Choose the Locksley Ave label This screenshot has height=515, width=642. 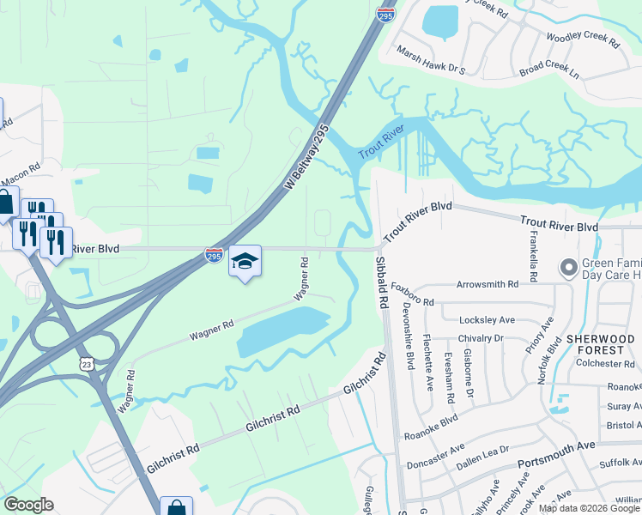click(487, 319)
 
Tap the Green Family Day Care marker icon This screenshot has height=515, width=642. click(567, 269)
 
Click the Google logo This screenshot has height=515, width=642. click(28, 505)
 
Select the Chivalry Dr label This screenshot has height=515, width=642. click(480, 338)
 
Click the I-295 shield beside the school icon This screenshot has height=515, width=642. click(214, 256)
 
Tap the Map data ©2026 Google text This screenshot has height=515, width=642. click(589, 507)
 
